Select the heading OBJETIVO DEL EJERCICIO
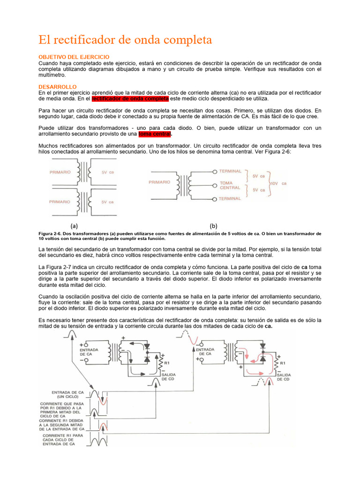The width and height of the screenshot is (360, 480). click(74, 57)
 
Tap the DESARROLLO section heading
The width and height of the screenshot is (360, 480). click(58, 87)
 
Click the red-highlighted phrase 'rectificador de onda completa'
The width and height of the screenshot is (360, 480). click(130, 99)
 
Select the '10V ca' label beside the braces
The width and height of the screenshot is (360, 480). click(277, 183)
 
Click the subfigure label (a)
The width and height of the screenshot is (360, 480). click(74, 225)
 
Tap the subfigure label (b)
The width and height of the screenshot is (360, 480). click(214, 225)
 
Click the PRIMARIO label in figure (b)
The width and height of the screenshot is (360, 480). click(159, 182)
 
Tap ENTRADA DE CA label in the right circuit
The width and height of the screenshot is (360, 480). click(205, 352)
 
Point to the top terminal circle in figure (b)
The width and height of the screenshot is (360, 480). click(214, 172)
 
